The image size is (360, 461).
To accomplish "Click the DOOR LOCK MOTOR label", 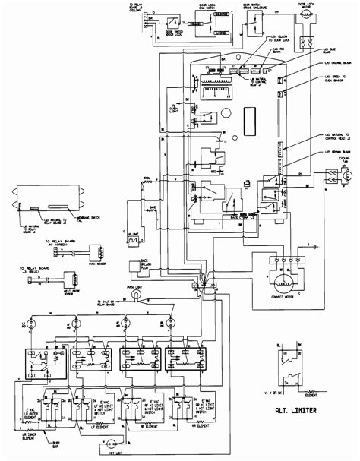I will pyautogui.click(x=308, y=15).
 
